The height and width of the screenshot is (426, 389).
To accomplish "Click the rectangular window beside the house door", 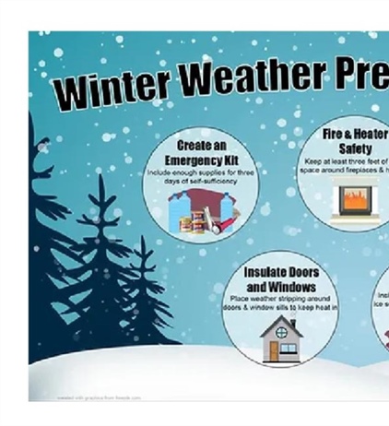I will pos(288,349).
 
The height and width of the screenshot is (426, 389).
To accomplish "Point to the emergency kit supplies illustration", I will pos(201,214).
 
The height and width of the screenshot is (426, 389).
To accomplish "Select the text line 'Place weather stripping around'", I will pos(280,299).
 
